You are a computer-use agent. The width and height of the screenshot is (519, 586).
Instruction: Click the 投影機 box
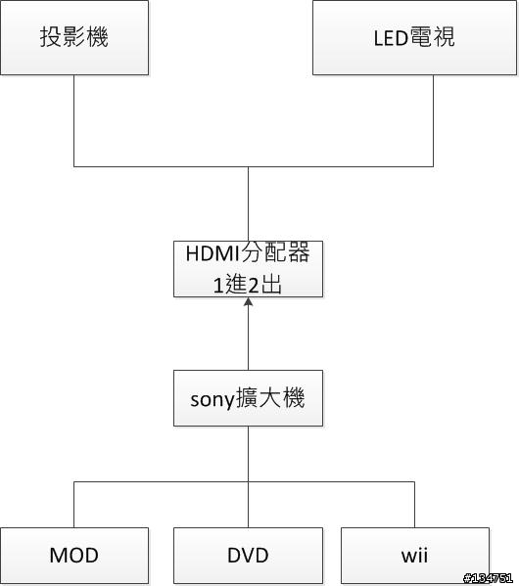click(x=74, y=37)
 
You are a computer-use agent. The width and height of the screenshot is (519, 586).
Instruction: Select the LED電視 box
click(x=414, y=37)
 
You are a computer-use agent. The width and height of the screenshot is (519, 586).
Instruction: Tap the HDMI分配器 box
click(x=248, y=269)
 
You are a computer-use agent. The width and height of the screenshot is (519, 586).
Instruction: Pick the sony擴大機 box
click(x=248, y=398)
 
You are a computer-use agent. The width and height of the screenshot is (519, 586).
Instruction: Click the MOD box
click(x=74, y=556)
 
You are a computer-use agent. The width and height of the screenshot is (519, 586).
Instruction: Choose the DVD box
click(x=248, y=556)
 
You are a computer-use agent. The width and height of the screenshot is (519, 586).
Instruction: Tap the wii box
click(x=415, y=556)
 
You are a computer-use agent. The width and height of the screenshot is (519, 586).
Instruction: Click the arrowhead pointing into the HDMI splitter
click(x=248, y=301)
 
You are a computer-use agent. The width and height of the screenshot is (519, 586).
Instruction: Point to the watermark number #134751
click(x=488, y=578)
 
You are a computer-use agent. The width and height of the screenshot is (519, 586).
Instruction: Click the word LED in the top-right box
click(x=391, y=38)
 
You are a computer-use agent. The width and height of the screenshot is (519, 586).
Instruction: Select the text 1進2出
click(x=248, y=285)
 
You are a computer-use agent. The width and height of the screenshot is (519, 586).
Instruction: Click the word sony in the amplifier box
click(x=212, y=399)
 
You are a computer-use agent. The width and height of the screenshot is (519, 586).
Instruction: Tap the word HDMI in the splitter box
click(x=212, y=253)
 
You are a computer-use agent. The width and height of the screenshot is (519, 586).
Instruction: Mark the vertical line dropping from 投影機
click(x=74, y=120)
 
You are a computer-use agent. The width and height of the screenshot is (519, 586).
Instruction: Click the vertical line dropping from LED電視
click(x=433, y=120)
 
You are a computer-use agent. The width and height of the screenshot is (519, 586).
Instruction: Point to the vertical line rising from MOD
click(x=74, y=505)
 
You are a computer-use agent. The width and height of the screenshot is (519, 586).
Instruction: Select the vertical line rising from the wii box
click(x=414, y=505)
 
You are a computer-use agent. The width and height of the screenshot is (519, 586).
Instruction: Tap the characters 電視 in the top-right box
click(x=432, y=37)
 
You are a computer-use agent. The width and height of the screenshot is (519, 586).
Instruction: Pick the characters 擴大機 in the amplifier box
click(x=270, y=397)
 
